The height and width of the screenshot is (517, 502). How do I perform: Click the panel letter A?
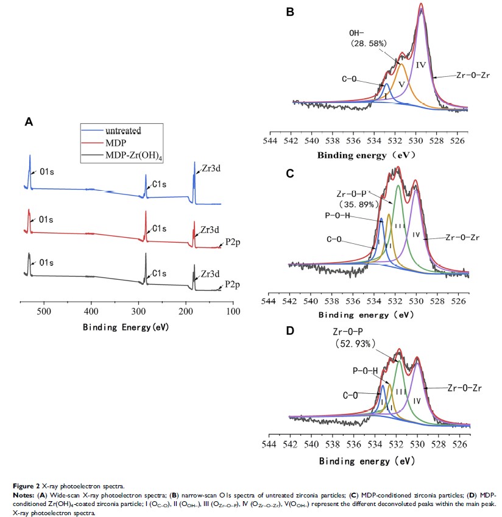(x=28, y=122)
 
